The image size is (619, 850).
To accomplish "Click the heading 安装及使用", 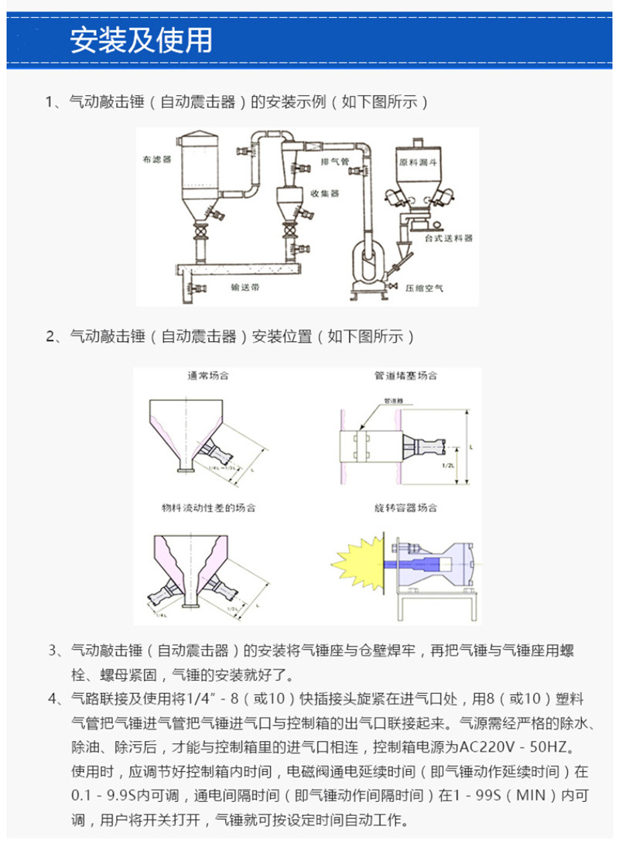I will tap(141, 39).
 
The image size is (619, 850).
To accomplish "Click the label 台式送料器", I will tap(448, 237).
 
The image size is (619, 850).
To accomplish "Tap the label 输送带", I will tap(245, 285).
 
